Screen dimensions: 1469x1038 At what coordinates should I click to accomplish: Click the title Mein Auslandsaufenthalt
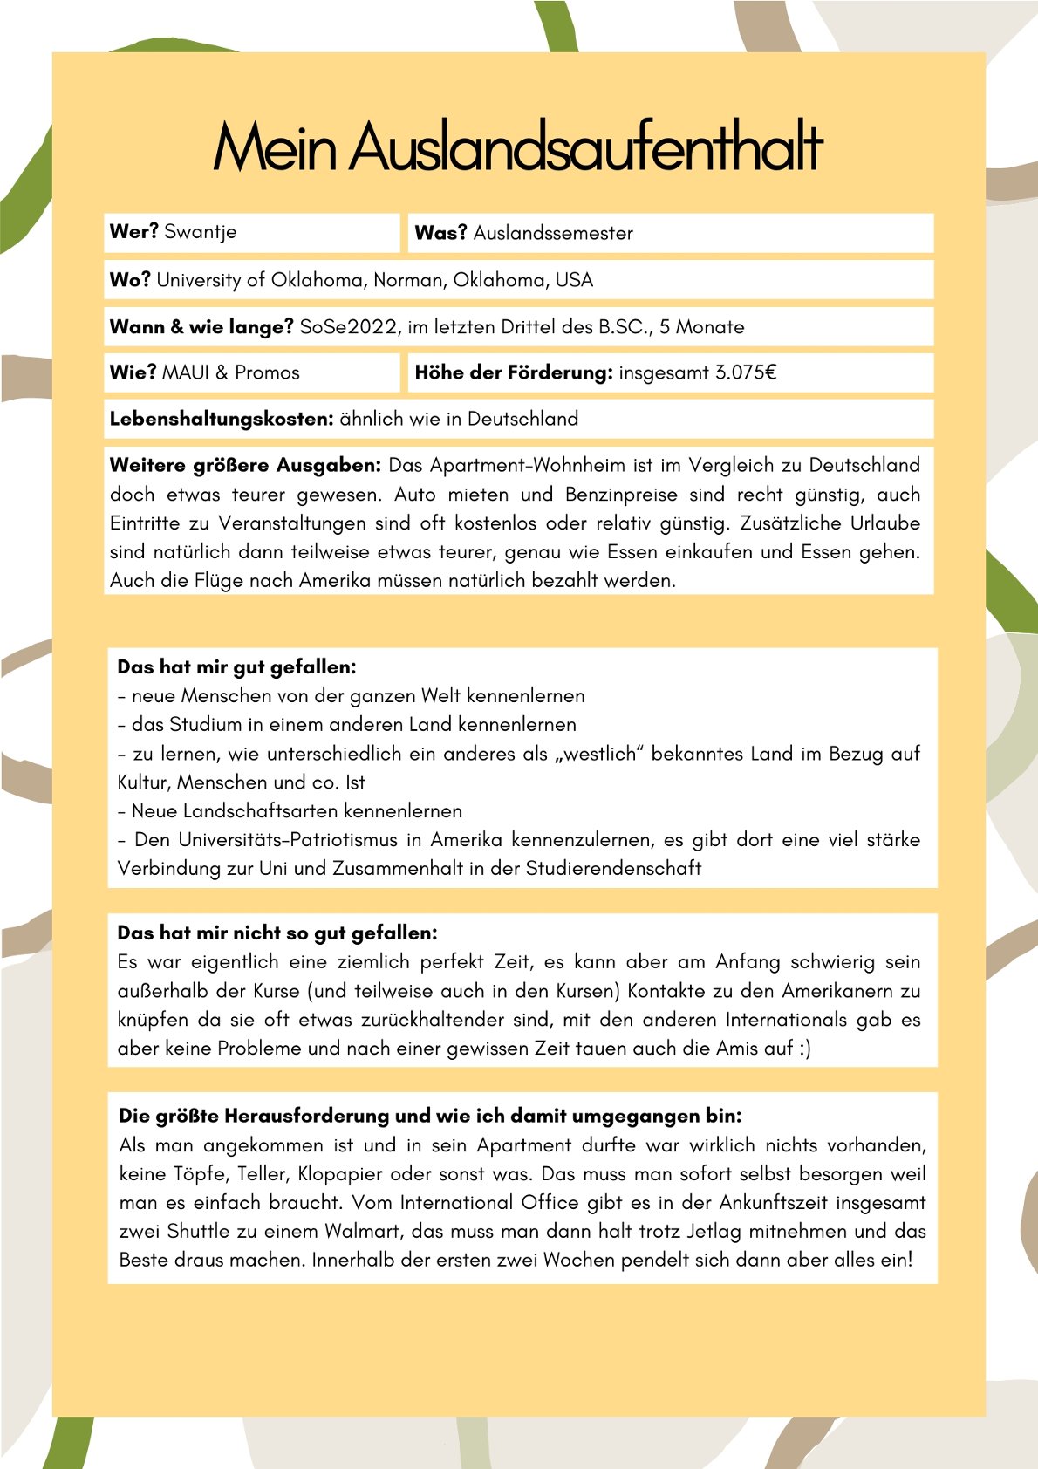point(518,147)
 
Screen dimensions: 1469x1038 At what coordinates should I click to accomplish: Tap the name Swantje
point(200,232)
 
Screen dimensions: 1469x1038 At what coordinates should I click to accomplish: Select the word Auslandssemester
point(553,233)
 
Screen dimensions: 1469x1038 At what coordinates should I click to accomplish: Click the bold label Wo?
point(130,280)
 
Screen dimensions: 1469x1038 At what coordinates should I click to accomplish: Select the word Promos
point(267,373)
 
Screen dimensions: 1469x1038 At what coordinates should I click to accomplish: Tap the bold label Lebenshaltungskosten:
point(222,419)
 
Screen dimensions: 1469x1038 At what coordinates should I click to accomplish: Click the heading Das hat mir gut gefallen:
point(236,667)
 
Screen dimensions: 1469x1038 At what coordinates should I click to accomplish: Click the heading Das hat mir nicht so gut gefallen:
point(277,933)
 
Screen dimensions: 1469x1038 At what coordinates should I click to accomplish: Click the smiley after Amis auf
point(804,1049)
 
